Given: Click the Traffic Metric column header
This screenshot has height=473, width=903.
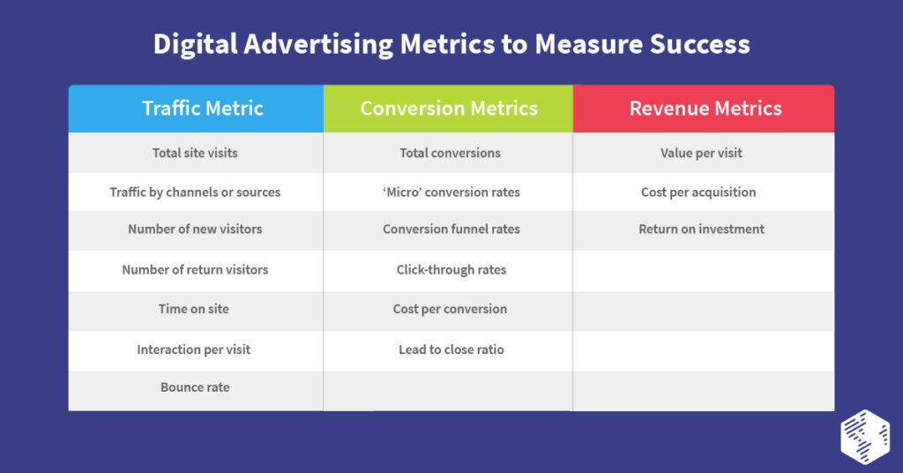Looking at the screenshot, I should click(203, 109).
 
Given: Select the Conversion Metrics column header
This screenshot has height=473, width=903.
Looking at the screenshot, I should click(449, 109).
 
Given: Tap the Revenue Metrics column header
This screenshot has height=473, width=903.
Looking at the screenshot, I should click(705, 109).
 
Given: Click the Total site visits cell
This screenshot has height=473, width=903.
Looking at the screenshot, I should click(195, 153).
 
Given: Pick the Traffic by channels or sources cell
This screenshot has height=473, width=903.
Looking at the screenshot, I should click(195, 191).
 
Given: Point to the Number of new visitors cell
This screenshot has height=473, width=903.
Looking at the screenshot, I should click(195, 229).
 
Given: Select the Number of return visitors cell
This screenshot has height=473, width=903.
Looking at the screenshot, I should click(195, 270).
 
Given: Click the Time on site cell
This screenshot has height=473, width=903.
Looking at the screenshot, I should click(195, 309).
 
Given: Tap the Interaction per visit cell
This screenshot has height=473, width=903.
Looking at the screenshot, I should click(194, 349).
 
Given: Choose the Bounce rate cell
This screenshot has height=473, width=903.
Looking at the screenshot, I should click(195, 387).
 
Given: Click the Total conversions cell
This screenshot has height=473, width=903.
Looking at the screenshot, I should click(450, 153).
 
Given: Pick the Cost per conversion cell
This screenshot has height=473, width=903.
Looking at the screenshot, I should click(450, 309).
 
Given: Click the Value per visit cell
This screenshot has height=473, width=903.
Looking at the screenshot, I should click(701, 153).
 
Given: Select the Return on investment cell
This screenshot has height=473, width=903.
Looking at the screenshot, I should click(701, 229).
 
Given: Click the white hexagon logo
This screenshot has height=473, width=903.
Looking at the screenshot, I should click(864, 435).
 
